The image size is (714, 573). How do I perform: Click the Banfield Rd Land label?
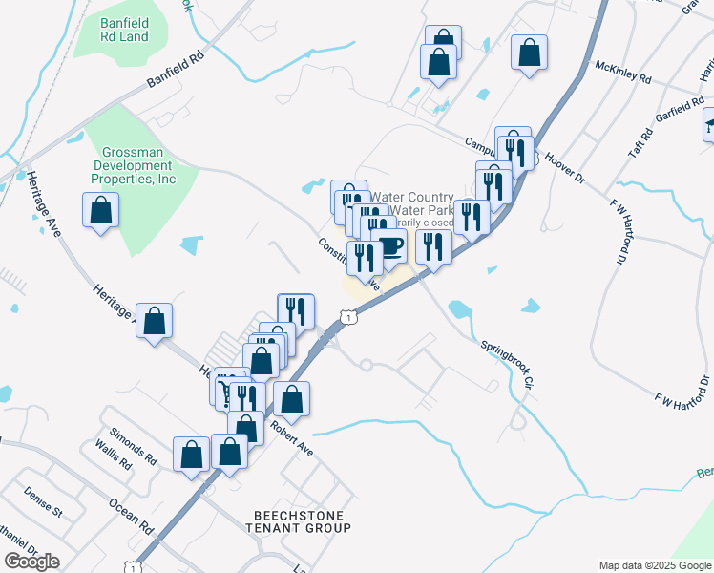tap(125, 29)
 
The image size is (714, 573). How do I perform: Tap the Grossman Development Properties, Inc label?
tap(140, 164)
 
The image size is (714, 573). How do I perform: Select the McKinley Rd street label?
tap(622, 70)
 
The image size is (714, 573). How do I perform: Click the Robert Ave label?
tap(290, 435)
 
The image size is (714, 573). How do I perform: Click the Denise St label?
tap(44, 505)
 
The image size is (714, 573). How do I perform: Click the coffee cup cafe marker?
tap(388, 246)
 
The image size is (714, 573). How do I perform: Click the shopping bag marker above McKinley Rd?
tap(529, 52)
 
